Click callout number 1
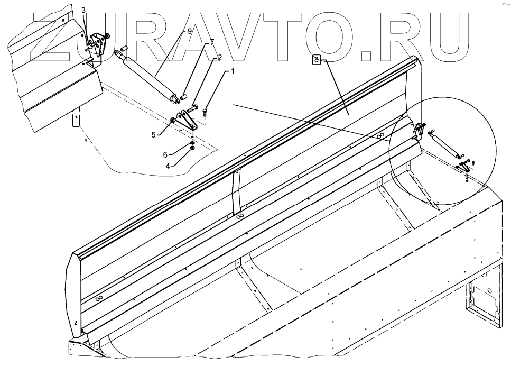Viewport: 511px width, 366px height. click(x=232, y=70)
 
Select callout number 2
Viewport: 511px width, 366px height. click(x=219, y=57)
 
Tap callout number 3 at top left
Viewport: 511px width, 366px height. click(x=83, y=11)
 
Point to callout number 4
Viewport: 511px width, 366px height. click(x=169, y=166)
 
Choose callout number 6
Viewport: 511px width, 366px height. click(x=165, y=154)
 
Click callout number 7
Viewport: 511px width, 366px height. click(x=212, y=41)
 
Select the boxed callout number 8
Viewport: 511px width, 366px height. click(x=317, y=60)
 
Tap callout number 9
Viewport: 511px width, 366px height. click(x=189, y=31)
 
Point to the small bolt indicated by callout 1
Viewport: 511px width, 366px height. click(x=205, y=112)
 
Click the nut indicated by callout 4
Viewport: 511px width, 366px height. click(x=192, y=149)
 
